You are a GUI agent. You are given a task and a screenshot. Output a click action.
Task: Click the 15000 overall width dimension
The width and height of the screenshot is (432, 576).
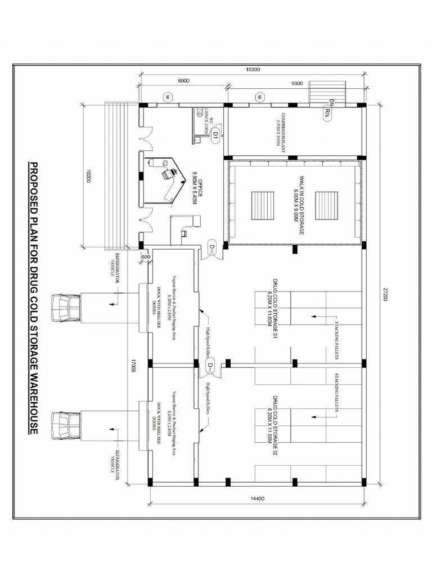253,69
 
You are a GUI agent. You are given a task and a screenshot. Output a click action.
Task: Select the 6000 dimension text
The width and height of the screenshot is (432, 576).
183,81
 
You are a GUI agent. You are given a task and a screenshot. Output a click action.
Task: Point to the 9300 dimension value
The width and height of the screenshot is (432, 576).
298,83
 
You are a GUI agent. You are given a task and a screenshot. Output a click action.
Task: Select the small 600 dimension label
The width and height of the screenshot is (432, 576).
146,256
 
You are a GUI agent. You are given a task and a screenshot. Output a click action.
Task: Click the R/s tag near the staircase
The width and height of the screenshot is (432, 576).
328,112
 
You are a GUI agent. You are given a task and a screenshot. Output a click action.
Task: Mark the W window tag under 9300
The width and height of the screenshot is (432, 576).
260,97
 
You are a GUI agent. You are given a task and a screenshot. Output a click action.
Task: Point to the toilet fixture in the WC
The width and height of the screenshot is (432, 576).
199,112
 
